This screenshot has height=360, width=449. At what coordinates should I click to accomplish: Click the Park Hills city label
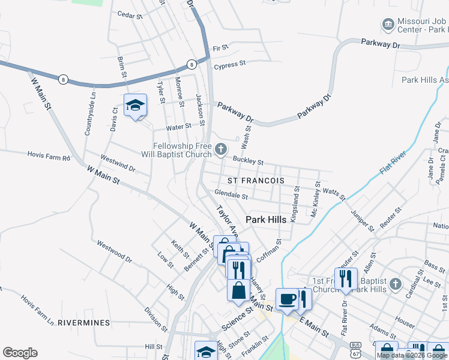click(x=266, y=220)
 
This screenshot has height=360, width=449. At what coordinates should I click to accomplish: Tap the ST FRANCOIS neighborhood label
click(x=256, y=180)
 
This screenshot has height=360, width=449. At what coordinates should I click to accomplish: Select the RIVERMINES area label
click(x=83, y=323)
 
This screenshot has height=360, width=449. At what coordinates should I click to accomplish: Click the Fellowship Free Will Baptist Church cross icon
click(x=221, y=149)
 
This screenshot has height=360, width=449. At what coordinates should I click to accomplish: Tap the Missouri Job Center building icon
click(x=388, y=25)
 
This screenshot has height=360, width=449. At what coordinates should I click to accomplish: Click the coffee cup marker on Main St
click(x=287, y=299)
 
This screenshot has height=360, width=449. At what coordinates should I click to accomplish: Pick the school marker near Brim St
click(x=136, y=106)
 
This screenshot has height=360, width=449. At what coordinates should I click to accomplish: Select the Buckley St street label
click(x=248, y=161)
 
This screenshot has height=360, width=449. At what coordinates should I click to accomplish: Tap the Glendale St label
click(x=231, y=195)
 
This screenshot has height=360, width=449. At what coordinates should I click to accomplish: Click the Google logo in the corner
click(x=20, y=353)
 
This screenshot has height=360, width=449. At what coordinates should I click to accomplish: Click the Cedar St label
click(x=129, y=14)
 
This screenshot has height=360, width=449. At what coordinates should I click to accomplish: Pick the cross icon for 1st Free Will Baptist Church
click(x=395, y=283)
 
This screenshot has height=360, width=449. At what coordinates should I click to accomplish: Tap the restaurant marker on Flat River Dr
click(x=346, y=278)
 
